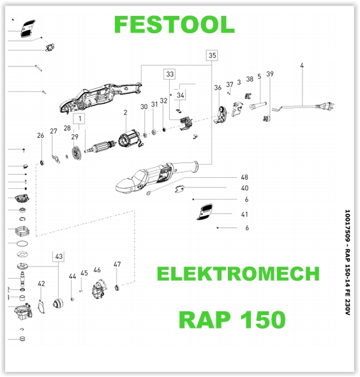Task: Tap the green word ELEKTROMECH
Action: tap(238, 274)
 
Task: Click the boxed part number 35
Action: tap(212, 55)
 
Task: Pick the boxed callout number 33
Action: tap(170, 75)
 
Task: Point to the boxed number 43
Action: tap(59, 256)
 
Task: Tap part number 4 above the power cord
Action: tap(301, 66)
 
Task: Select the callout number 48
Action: tap(244, 177)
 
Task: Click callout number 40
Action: tap(244, 188)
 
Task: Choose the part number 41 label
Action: tap(244, 214)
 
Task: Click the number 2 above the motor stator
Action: tap(126, 113)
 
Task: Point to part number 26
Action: tap(40, 135)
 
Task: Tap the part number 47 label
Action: tap(117, 264)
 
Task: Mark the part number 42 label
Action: tap(41, 283)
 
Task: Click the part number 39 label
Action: tap(270, 75)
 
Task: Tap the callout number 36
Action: tap(218, 87)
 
